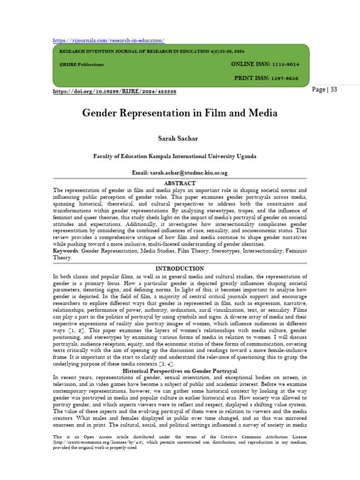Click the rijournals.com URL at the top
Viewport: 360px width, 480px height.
point(108,41)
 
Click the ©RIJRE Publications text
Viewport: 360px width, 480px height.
point(79,65)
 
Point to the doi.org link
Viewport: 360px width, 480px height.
point(114,91)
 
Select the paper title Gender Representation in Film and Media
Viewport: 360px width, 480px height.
point(180,113)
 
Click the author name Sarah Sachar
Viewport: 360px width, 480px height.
point(180,138)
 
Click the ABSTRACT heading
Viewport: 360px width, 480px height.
point(180,183)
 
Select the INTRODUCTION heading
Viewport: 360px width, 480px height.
point(180,269)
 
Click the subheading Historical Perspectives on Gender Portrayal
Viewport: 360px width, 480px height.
point(180,371)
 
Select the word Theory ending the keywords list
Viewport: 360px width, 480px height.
point(61,258)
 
